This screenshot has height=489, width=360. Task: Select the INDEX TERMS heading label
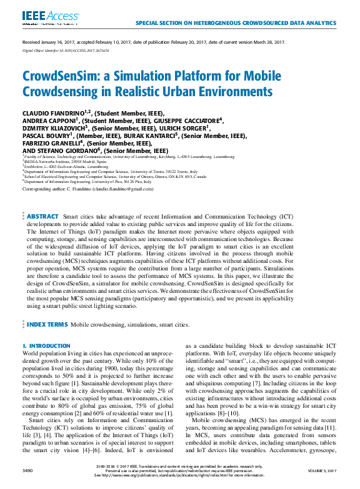(46, 325)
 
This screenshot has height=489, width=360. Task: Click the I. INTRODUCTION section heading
(46, 346)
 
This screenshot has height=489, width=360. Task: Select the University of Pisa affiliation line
(84, 181)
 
